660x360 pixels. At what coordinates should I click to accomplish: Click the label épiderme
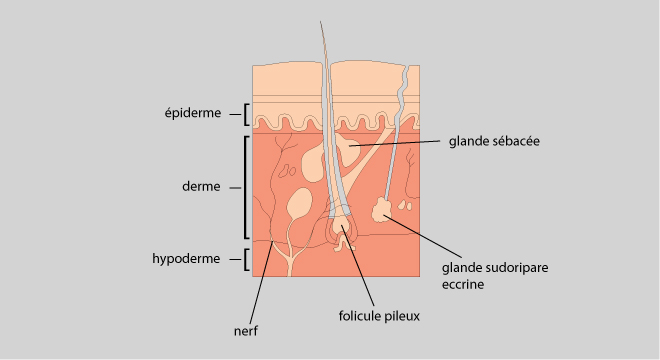[x=193, y=113]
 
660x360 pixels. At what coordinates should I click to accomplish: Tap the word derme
[x=201, y=187]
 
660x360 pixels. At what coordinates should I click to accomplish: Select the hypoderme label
[x=186, y=259]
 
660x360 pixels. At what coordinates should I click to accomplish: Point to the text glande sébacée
[x=494, y=141]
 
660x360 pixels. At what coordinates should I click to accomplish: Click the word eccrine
[x=463, y=284]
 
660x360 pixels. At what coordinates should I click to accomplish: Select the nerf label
[x=246, y=331]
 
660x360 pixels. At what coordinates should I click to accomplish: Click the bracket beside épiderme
[x=245, y=115]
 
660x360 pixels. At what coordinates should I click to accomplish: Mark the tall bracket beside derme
[x=245, y=187]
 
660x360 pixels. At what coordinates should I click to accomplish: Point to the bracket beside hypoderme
[x=245, y=259]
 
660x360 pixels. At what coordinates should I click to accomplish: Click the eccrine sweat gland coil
[x=382, y=210]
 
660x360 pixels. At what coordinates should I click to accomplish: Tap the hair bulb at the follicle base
[x=340, y=227]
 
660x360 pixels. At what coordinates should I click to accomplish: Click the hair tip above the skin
[x=321, y=22]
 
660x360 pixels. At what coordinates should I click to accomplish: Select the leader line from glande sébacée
[x=394, y=143]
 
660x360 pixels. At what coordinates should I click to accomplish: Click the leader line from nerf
[x=261, y=283]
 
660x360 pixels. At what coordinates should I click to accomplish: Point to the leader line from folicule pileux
[x=358, y=265]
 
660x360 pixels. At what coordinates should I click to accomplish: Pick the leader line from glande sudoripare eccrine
[x=423, y=236]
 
